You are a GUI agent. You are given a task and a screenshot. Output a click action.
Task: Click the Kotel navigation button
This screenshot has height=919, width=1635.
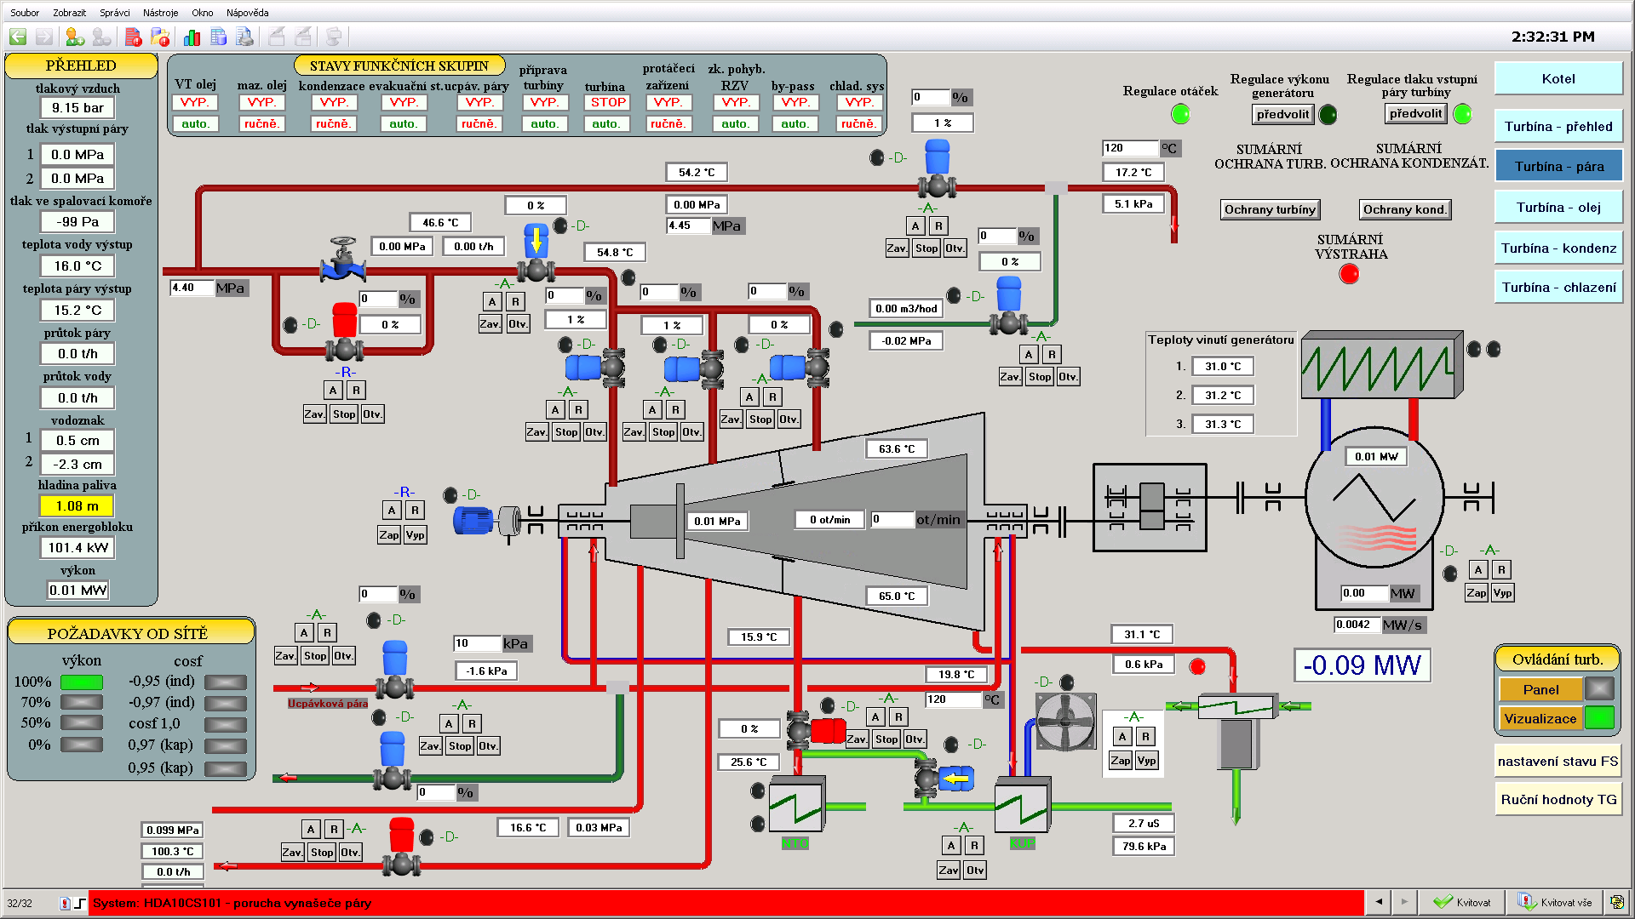point(1558,79)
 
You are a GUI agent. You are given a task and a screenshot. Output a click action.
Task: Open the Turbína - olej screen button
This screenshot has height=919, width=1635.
point(1558,208)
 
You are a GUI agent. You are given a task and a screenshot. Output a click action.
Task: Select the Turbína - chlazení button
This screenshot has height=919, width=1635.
point(1558,288)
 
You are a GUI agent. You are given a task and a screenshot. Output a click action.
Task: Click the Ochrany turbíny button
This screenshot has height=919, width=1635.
point(1269,210)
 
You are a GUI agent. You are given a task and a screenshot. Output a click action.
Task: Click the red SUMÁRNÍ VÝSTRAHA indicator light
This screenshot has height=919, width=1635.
point(1349,274)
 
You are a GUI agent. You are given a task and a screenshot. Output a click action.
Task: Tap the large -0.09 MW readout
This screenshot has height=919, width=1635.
point(1362,665)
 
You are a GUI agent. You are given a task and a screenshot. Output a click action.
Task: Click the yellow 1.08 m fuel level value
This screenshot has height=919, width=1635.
point(77,506)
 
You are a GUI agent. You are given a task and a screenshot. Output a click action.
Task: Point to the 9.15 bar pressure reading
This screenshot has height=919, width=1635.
point(77,108)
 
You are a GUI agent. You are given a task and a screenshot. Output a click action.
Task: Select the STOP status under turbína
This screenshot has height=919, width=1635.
point(608,103)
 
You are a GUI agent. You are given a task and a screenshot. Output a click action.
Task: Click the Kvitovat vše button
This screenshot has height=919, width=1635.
point(1555,903)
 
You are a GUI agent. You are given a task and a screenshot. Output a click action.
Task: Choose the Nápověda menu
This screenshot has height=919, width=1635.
point(247,13)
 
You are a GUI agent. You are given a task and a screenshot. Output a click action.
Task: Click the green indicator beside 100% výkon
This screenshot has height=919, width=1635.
point(82,682)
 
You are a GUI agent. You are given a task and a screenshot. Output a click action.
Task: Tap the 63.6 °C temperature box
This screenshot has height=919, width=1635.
point(897,449)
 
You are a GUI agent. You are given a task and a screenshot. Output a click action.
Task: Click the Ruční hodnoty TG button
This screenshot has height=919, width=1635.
point(1558,800)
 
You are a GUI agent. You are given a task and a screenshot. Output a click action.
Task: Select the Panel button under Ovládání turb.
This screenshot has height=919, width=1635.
point(1540,690)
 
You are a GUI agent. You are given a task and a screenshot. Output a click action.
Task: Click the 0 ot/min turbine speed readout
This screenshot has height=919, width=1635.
point(829,520)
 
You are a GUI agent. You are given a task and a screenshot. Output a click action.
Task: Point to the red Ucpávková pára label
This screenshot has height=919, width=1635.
point(328,704)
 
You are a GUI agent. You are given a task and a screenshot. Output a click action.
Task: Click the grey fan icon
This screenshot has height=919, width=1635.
point(1065,722)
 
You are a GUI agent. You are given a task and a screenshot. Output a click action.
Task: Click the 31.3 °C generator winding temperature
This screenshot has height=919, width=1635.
point(1223,425)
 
